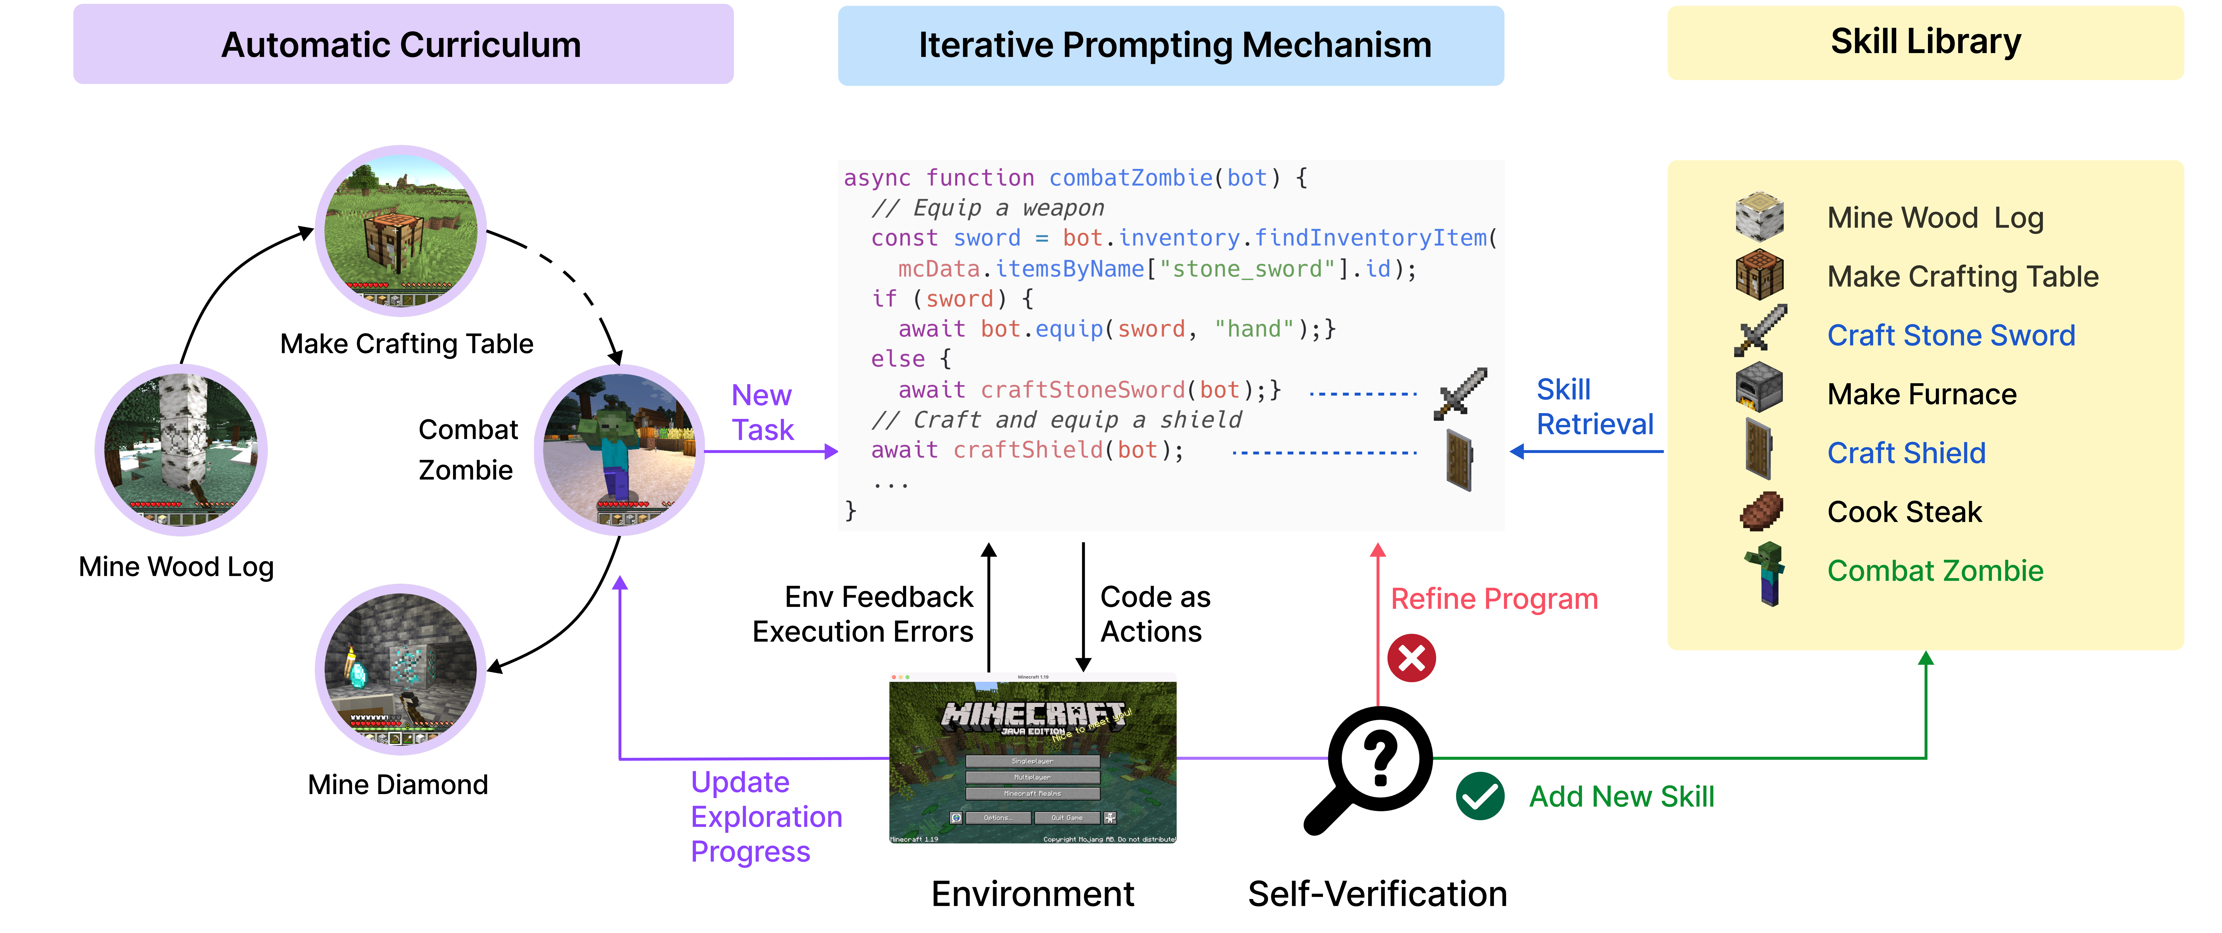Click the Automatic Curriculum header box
click(x=403, y=45)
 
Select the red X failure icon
click(x=1411, y=659)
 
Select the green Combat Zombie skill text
click(x=1935, y=571)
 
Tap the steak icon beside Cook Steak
click(x=1761, y=511)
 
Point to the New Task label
click(x=762, y=412)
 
